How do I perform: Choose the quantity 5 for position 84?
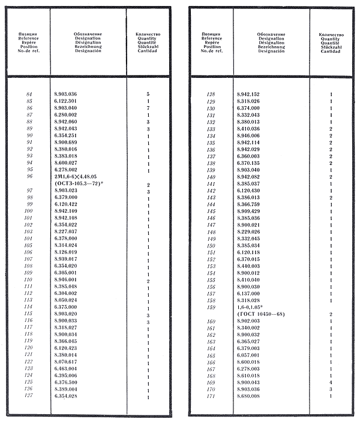click(x=148, y=94)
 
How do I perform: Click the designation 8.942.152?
click(x=250, y=94)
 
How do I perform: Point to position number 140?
click(x=211, y=177)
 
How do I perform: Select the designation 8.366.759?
click(x=250, y=204)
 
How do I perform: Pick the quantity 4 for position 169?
click(x=331, y=382)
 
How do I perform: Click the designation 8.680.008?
click(x=250, y=396)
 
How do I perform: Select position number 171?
click(x=211, y=396)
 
